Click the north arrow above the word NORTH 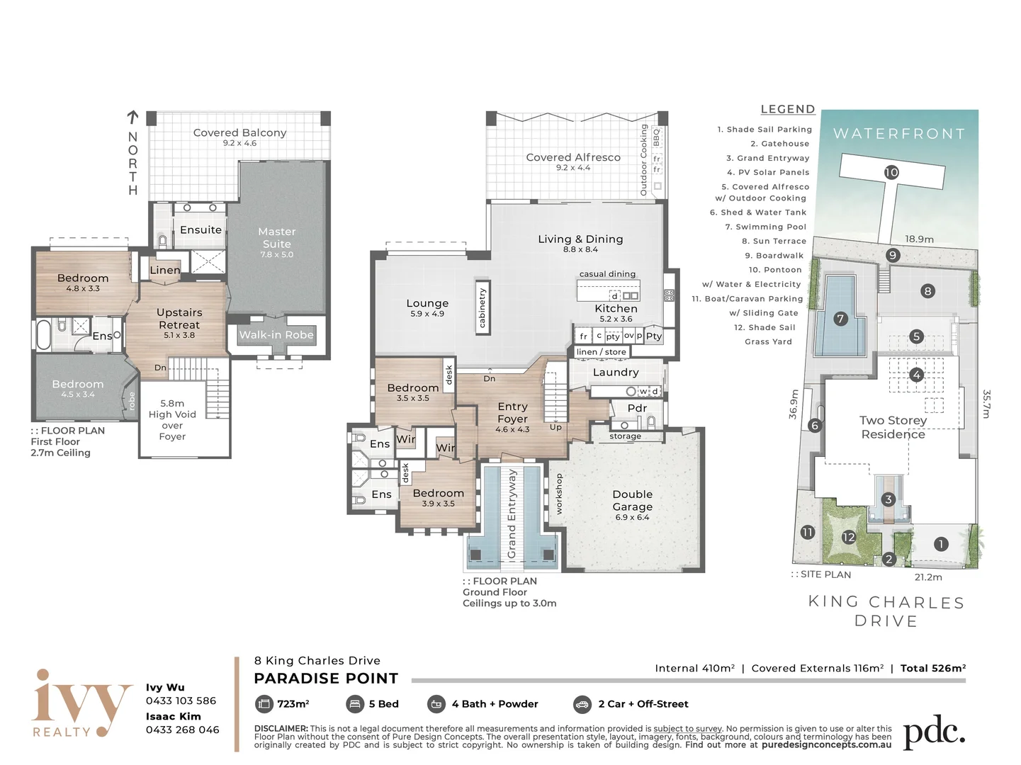pos(133,117)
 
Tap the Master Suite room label pos(277,237)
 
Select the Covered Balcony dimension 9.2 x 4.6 pos(239,143)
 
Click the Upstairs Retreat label pos(179,319)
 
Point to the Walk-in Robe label pos(276,335)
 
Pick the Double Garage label pos(632,500)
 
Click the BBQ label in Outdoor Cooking pos(656,137)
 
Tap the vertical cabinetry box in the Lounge pos(483,307)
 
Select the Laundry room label pos(616,372)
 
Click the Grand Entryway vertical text pos(512,514)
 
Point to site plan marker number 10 pos(891,173)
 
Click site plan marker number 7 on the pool pos(840,319)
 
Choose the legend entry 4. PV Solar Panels pos(768,173)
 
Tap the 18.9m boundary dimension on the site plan pos(919,239)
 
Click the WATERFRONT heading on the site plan pos(899,134)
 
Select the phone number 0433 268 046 pos(182,730)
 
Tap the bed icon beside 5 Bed pos(354,704)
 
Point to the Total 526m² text pos(932,668)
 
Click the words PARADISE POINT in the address pos(326,679)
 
